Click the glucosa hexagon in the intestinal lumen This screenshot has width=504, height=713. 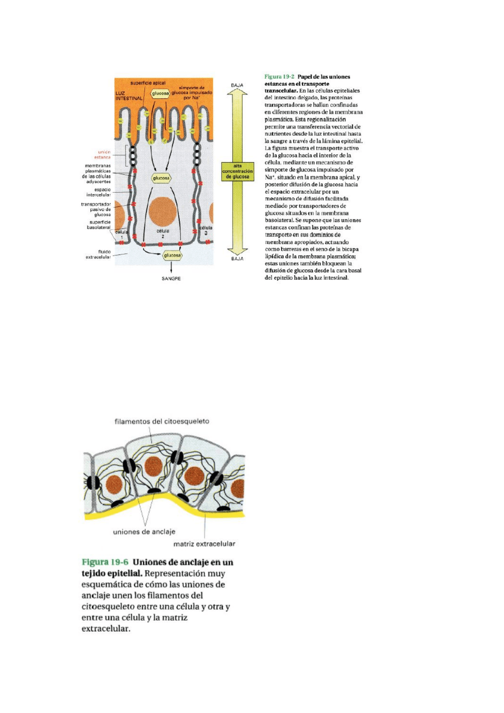pos(160,93)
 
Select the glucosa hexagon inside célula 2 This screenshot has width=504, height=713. pos(161,178)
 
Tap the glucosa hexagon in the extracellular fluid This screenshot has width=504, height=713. pos(172,255)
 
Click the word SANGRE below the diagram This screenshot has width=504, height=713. pos(171,279)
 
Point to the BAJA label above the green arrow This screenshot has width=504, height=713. pos(237,85)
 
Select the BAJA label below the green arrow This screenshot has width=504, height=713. pos(237,259)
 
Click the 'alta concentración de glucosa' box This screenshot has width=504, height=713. pos(238,171)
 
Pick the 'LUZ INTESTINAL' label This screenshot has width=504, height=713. pos(128,96)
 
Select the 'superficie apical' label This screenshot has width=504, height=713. pos(148,83)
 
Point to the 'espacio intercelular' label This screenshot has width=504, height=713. pos(99,192)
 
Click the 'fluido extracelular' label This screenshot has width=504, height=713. pos(99,254)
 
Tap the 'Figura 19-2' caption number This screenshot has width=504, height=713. pos(279,77)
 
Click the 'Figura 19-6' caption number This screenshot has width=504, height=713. pos(105,562)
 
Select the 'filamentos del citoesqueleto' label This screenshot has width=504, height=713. pos(162,422)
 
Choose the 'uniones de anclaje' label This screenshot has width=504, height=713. pos(144,532)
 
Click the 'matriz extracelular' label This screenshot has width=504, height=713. pos(204,544)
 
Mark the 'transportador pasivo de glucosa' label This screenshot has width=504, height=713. pos(96,209)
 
